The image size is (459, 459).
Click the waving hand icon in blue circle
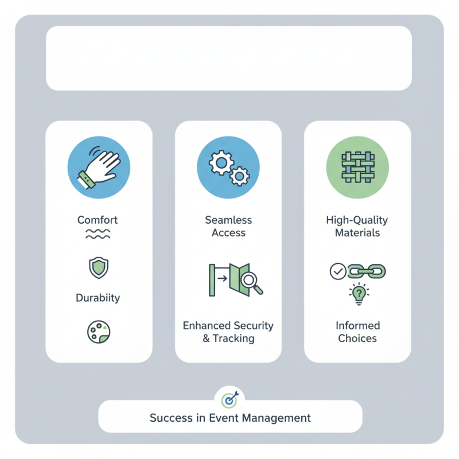point(99,168)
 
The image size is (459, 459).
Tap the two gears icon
point(228,168)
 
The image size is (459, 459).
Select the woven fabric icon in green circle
point(357,168)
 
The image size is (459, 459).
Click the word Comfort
point(98,220)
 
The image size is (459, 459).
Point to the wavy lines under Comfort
point(98,234)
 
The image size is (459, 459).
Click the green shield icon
point(98,267)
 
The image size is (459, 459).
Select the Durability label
point(98,298)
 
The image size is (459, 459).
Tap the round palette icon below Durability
point(98,332)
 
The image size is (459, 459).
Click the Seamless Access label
point(228,227)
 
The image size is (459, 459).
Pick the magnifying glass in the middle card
point(251,281)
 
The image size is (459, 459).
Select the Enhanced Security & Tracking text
point(228,332)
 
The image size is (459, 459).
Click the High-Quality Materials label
point(357,227)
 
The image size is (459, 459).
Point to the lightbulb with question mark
point(357,294)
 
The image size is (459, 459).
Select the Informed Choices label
point(357,332)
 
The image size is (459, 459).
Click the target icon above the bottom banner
point(229,398)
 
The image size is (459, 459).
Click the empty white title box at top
point(228,58)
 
